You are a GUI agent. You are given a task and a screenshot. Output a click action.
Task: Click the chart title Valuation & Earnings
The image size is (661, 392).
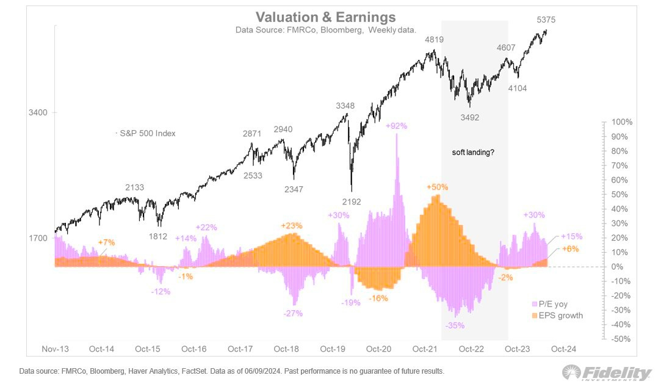(x=325, y=16)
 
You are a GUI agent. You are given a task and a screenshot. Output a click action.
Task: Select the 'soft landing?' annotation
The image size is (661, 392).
(x=473, y=153)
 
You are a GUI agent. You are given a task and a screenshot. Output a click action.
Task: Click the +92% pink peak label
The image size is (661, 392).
(x=396, y=126)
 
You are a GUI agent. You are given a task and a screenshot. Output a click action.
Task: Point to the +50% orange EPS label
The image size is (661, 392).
(x=438, y=187)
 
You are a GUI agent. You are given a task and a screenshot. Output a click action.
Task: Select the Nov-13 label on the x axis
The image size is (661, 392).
(x=55, y=350)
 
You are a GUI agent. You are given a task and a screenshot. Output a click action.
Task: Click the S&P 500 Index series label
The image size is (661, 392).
(x=147, y=133)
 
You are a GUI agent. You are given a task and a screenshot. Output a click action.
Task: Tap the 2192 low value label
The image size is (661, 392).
(x=352, y=201)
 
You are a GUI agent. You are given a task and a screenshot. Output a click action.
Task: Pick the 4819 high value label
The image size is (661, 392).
(x=435, y=40)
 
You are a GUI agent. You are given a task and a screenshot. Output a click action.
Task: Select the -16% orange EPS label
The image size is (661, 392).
(x=378, y=299)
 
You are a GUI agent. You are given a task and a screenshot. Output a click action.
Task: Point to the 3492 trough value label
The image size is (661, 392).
(x=470, y=117)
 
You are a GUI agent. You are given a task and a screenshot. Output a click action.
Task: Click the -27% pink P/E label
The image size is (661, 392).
(x=293, y=313)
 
